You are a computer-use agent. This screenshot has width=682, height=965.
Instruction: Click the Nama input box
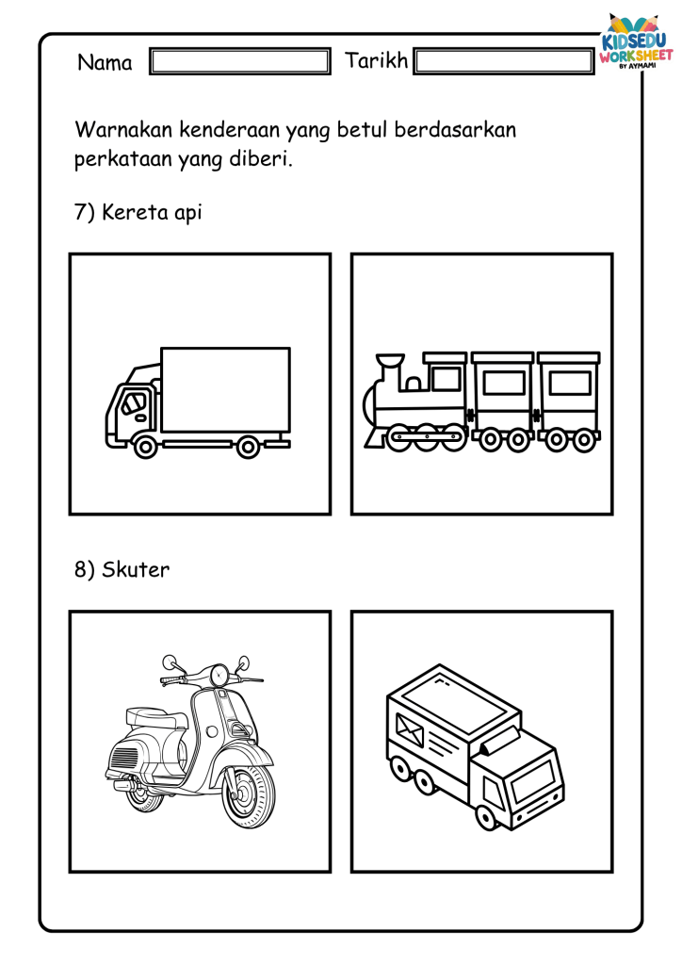click(240, 61)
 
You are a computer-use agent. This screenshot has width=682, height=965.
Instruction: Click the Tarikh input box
click(504, 61)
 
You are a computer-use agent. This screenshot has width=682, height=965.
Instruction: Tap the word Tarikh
click(377, 60)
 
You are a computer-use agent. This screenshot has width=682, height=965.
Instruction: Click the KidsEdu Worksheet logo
click(636, 41)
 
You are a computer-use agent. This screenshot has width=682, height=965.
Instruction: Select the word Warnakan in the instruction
click(123, 130)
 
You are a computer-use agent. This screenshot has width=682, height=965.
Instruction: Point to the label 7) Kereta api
click(138, 212)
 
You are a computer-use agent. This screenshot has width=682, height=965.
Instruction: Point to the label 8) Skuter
click(122, 569)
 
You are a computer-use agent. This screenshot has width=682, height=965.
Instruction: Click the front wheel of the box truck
click(146, 446)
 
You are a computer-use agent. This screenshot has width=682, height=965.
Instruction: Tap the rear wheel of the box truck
click(248, 447)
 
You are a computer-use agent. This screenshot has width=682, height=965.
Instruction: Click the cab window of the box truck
click(133, 403)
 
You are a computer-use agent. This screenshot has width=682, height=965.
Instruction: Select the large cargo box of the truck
click(226, 389)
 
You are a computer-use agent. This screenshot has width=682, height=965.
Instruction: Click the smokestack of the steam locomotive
click(390, 371)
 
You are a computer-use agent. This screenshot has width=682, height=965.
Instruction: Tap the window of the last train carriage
click(570, 384)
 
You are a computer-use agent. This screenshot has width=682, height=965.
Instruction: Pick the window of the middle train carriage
click(504, 384)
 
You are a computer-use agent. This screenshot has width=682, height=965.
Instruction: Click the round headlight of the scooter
click(219, 675)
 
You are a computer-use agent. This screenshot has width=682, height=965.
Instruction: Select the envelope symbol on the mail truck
click(410, 731)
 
